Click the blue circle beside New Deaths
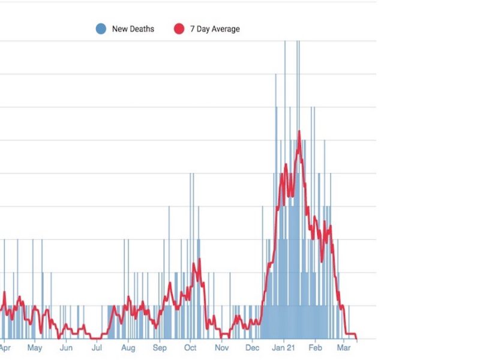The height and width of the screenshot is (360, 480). click(x=101, y=29)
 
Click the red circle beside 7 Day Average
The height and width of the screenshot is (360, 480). click(x=179, y=29)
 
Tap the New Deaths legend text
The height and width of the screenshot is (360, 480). click(x=133, y=29)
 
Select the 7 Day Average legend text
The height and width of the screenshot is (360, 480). click(x=215, y=29)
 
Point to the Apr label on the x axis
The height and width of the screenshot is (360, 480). click(x=5, y=348)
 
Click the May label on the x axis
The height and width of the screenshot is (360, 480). click(x=35, y=348)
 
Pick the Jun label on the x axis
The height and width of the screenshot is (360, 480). click(x=66, y=348)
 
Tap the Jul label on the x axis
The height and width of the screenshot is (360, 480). click(x=96, y=348)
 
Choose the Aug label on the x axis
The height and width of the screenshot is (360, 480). click(x=128, y=348)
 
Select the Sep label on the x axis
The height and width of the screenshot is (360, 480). click(x=160, y=348)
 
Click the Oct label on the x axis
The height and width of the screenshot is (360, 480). click(x=190, y=348)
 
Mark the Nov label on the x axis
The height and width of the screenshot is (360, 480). click(x=222, y=348)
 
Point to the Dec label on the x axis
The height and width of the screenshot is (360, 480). click(x=253, y=348)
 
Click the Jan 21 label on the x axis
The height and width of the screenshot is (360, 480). click(x=284, y=348)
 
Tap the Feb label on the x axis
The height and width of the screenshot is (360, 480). click(x=316, y=348)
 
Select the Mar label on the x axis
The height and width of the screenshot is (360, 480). click(x=344, y=348)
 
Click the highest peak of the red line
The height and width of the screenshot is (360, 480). click(x=299, y=131)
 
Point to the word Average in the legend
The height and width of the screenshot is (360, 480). click(x=224, y=29)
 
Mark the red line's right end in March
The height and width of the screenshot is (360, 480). click(x=357, y=339)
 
